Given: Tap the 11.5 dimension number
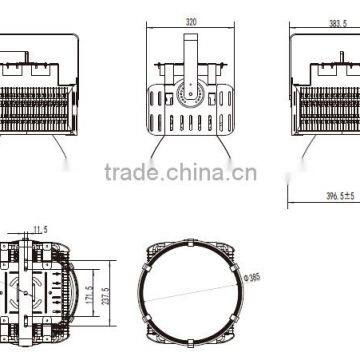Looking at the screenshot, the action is pos(40,231).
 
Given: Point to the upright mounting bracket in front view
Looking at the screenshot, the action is pos(189,55).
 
